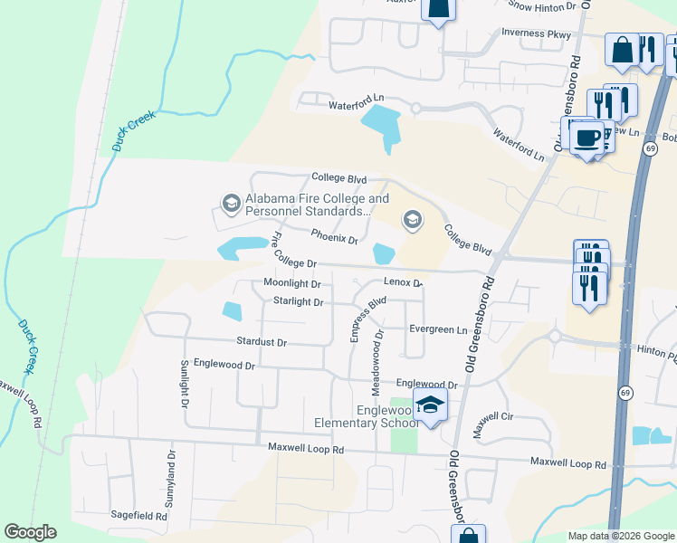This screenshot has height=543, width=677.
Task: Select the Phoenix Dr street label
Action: (x=334, y=237)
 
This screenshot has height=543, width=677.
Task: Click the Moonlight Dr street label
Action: (x=292, y=283)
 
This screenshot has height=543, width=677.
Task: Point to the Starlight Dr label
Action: (x=298, y=301)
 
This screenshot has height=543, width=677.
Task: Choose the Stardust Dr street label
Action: (x=261, y=343)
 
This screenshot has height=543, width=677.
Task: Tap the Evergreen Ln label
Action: (x=438, y=329)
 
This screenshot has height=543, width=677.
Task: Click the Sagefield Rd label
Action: (x=138, y=516)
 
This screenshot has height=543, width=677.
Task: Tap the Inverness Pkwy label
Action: (x=536, y=34)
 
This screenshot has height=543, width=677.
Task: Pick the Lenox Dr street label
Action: (x=403, y=282)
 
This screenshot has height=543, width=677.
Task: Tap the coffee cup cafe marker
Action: (x=586, y=138)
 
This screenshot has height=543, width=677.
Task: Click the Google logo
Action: (x=30, y=532)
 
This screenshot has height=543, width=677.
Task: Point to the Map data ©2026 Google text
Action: (x=620, y=536)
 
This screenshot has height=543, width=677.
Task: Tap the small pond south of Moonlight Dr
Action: (x=233, y=311)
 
